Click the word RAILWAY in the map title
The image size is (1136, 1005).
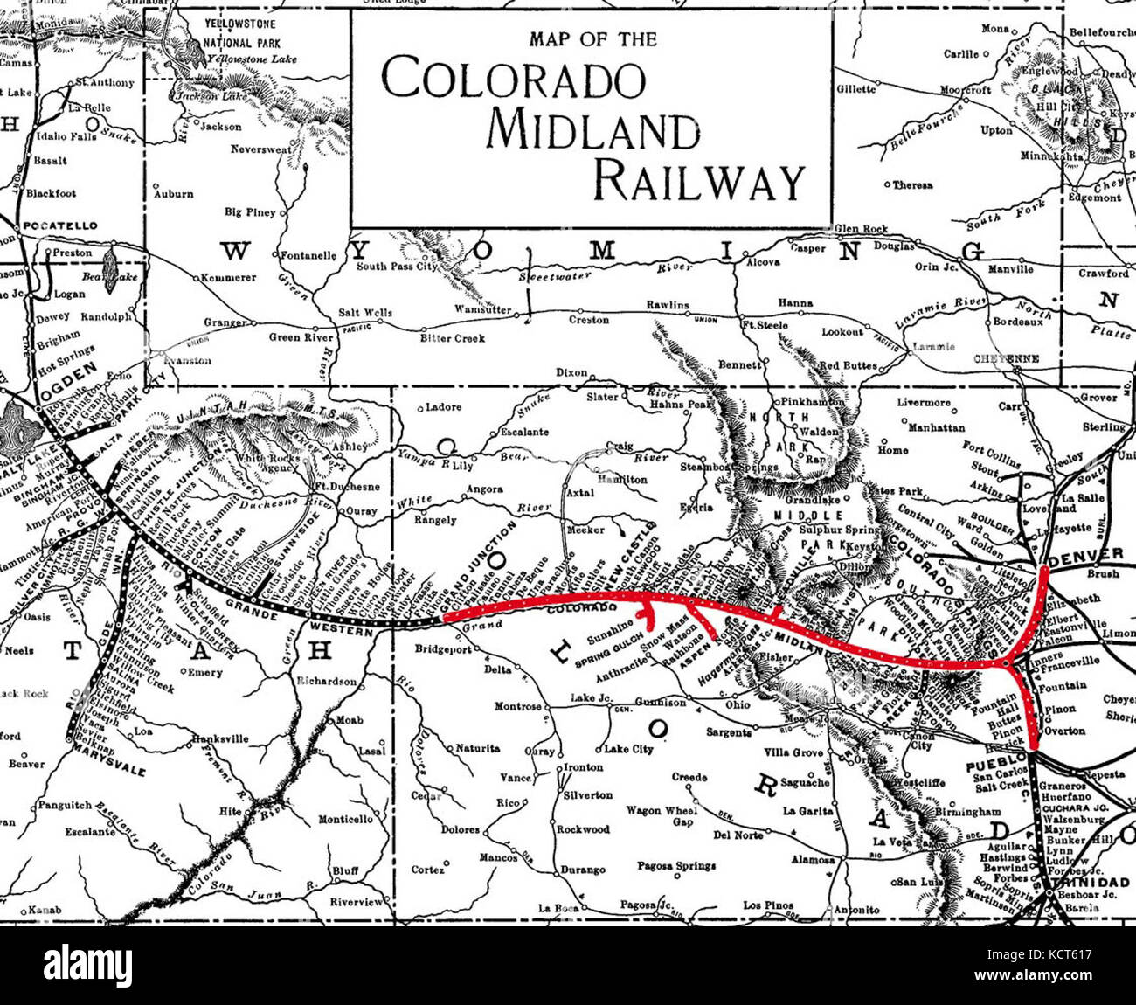point(697,182)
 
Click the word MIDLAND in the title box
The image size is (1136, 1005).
point(593,129)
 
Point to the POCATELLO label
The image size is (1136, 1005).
point(60,225)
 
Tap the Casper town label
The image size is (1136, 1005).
point(807,248)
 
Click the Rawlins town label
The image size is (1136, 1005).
point(668,305)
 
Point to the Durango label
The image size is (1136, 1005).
point(582,870)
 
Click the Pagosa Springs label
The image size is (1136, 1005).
point(677,866)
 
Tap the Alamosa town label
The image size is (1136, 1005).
point(810,860)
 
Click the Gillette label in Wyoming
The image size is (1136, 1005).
point(855,89)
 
